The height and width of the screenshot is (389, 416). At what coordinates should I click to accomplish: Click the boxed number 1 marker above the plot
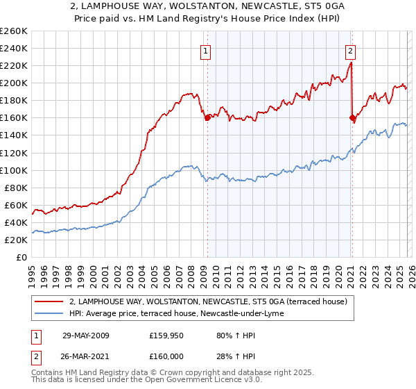coord(207,51)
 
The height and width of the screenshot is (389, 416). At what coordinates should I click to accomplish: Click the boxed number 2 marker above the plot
coord(351,51)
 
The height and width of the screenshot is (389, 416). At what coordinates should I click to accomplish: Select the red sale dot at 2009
coord(207,118)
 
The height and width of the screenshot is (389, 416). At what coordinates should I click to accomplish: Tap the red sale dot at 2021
coord(352,118)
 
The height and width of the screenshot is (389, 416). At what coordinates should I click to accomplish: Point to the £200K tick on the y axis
coord(14,83)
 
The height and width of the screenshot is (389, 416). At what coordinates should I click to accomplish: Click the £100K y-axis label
coord(14,170)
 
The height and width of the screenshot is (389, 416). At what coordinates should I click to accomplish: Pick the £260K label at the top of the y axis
coord(14,31)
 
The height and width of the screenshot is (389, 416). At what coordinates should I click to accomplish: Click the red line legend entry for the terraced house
coord(212,301)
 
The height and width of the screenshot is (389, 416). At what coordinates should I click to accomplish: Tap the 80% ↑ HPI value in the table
coord(226,336)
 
